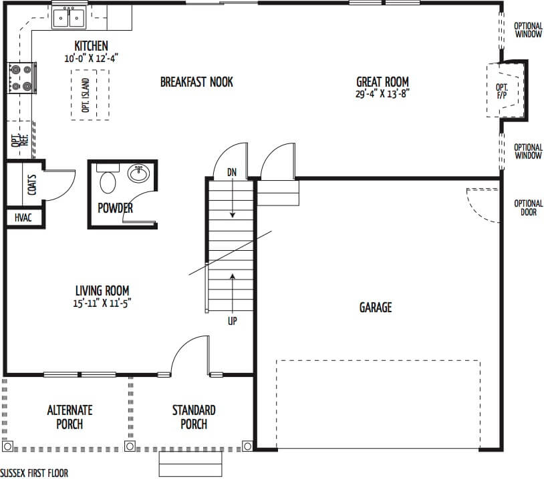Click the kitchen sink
[69, 17]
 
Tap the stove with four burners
[21, 78]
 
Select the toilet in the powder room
[108, 179]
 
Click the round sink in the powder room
[139, 173]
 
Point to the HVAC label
[23, 218]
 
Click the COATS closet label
[31, 185]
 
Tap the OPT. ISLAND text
[86, 95]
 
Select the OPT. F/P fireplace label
[502, 91]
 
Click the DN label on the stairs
[232, 172]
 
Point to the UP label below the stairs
[233, 321]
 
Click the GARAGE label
[376, 308]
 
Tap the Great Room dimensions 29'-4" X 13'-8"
[382, 94]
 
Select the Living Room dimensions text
[102, 303]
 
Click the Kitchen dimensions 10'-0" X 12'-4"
[92, 58]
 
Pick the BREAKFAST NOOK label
[196, 82]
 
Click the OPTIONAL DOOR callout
[529, 207]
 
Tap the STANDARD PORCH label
[194, 417]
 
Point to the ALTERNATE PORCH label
[70, 417]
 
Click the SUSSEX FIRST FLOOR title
[34, 473]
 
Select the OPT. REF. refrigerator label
[19, 140]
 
